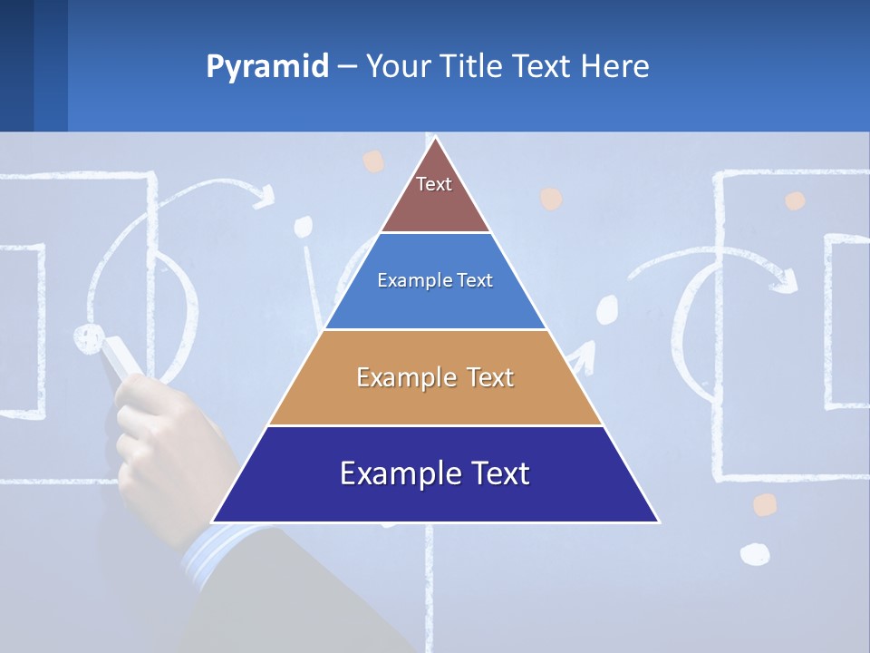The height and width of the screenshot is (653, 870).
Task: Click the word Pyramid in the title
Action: point(266,67)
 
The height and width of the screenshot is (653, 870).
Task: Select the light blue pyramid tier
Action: point(435,281)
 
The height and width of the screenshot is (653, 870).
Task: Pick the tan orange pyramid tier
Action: point(435,377)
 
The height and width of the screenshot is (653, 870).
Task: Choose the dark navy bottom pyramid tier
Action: point(435,474)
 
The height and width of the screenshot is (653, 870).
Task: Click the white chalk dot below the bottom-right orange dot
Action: point(755,552)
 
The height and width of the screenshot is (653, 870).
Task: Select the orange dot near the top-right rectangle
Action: point(795,200)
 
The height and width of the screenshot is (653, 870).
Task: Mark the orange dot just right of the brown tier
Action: point(550,199)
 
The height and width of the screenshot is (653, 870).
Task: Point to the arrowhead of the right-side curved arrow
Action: point(785,281)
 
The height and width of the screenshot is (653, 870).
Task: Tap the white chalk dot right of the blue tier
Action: point(607,310)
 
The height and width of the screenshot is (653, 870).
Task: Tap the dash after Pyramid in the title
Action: point(346,67)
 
